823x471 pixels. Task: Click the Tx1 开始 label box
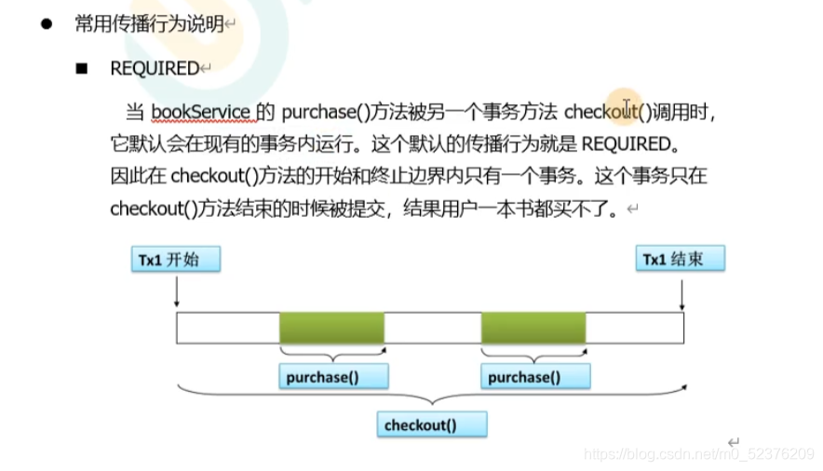[x=176, y=260]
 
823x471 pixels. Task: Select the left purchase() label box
[x=332, y=376]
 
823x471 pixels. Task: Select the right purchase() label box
[x=534, y=376]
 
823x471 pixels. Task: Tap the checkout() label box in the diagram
[x=433, y=425]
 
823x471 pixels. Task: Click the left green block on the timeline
[x=331, y=329]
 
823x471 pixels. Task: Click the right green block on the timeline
[x=533, y=329]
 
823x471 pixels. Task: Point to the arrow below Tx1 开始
[x=176, y=294]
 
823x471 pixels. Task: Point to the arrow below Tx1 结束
[x=682, y=294]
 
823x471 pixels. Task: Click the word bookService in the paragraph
[x=200, y=113]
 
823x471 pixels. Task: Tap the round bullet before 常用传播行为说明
[x=45, y=24]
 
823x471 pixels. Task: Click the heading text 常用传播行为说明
[x=149, y=24]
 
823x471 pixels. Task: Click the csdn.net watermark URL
[x=698, y=453]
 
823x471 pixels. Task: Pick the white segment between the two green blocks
[x=433, y=329]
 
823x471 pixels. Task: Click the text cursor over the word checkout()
[x=627, y=107]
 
